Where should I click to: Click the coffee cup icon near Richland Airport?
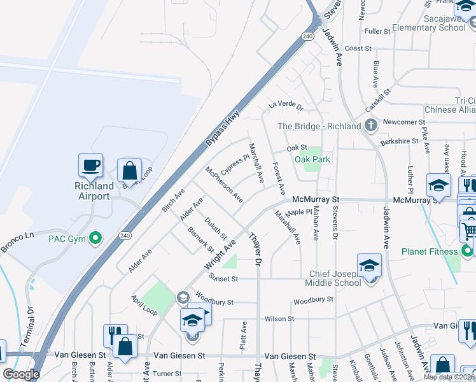click(90, 166)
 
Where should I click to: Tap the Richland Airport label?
click(94, 191)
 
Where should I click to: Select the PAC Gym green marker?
click(96, 239)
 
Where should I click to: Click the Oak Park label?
click(312, 159)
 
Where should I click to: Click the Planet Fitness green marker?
click(468, 251)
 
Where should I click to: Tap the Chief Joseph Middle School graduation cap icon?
click(369, 267)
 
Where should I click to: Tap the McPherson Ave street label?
click(223, 185)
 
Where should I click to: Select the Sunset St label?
click(223, 278)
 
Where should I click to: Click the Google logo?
click(21, 374)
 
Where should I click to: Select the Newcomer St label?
click(405, 122)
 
